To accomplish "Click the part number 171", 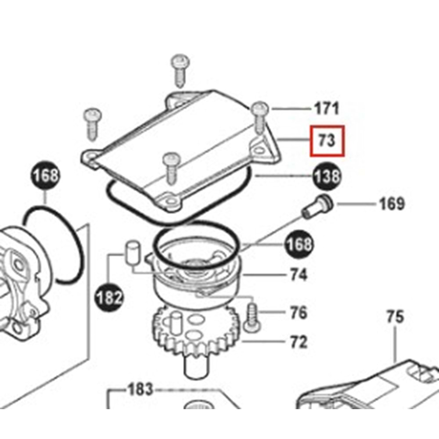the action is point(327,108).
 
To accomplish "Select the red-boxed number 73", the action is point(327,141).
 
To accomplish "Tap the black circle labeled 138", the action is point(327,176).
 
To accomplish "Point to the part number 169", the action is point(392,204).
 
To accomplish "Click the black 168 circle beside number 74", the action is point(299,245).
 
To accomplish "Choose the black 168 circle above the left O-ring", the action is point(45,175).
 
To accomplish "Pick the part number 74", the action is point(299,275).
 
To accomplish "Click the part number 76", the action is point(299,313).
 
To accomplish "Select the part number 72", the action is point(299,342).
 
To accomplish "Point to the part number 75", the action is point(395,317).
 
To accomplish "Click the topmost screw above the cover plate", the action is point(180,70).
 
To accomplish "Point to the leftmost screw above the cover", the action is point(93,124).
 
